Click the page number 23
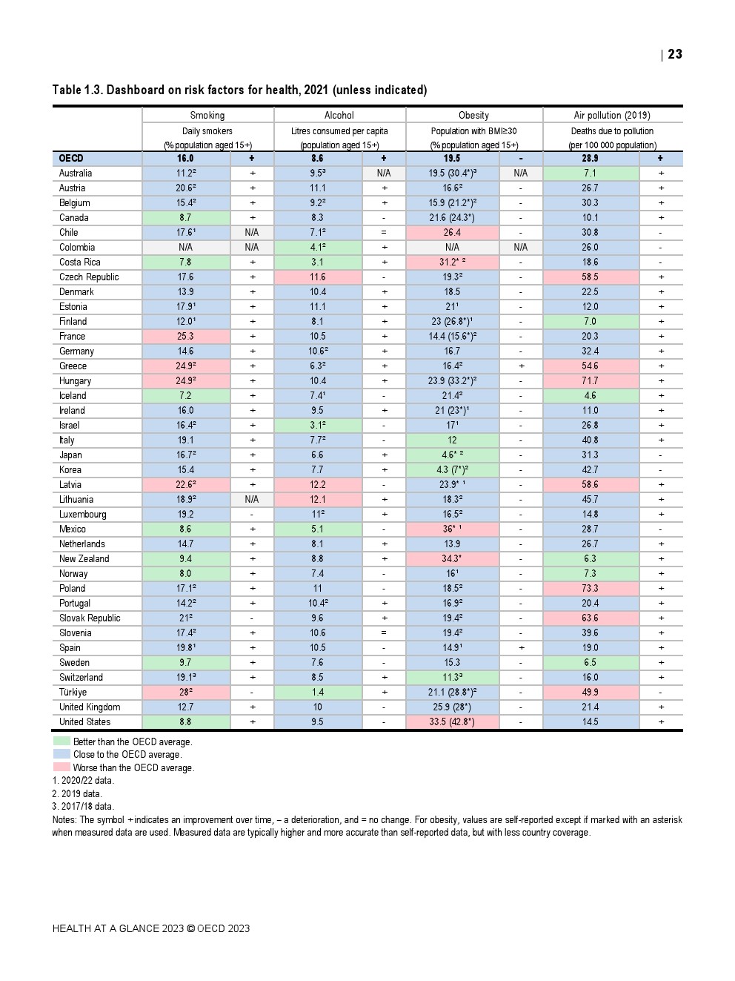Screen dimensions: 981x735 coord(675,54)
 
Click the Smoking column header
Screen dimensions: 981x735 coord(207,115)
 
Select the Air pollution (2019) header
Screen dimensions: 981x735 coord(612,115)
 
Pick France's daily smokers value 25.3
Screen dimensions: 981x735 coord(185,336)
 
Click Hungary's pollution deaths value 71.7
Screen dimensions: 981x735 coord(590,380)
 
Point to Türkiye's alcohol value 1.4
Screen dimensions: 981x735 coord(317,692)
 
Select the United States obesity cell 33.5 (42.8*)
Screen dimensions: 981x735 coord(452,721)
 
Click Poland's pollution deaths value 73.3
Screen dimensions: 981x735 coord(590,588)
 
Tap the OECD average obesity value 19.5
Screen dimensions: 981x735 coord(452,158)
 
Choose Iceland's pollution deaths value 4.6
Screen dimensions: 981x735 coord(590,395)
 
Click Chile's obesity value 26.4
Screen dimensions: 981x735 coord(452,232)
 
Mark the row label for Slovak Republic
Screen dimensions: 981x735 coord(90,618)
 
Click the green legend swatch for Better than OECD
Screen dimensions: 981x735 coord(61,741)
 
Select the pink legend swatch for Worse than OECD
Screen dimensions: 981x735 coord(61,767)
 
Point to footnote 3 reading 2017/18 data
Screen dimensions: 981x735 coord(83,806)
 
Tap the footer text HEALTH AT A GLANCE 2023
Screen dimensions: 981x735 coord(118,928)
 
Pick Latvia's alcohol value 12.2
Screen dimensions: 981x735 coord(317,484)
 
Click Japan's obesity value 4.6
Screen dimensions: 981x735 coord(452,455)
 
